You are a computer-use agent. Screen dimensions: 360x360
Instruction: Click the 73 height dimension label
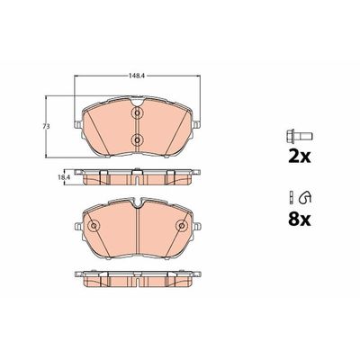click(x=46, y=127)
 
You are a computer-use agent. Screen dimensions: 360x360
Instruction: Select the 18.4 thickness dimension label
click(x=64, y=177)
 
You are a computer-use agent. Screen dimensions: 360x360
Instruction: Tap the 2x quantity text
click(x=300, y=157)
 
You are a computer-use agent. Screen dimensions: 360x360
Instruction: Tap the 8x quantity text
click(x=300, y=220)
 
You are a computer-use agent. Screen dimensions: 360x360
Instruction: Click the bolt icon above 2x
click(x=300, y=137)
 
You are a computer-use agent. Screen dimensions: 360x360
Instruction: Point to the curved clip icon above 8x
click(x=305, y=196)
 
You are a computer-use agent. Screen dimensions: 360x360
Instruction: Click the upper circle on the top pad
click(x=137, y=112)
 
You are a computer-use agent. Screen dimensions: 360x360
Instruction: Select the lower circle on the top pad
click(x=137, y=139)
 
